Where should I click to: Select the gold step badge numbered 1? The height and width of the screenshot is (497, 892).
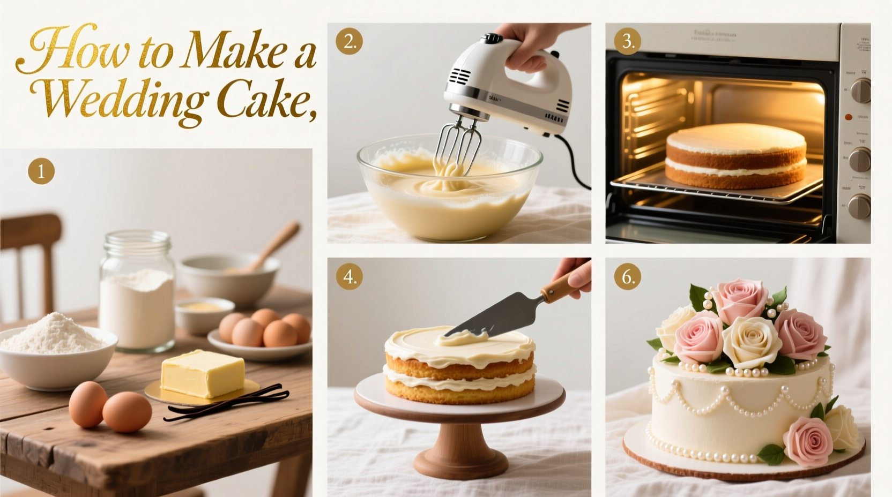[x=41, y=171]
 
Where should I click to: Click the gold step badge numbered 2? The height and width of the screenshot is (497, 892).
[x=349, y=42]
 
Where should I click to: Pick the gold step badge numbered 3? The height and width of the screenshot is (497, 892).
[x=628, y=42]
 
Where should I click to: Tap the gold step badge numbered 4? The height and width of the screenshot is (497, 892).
[x=349, y=277]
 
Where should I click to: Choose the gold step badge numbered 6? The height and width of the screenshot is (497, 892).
[x=628, y=277]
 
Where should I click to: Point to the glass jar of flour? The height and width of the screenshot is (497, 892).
[x=137, y=292]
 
